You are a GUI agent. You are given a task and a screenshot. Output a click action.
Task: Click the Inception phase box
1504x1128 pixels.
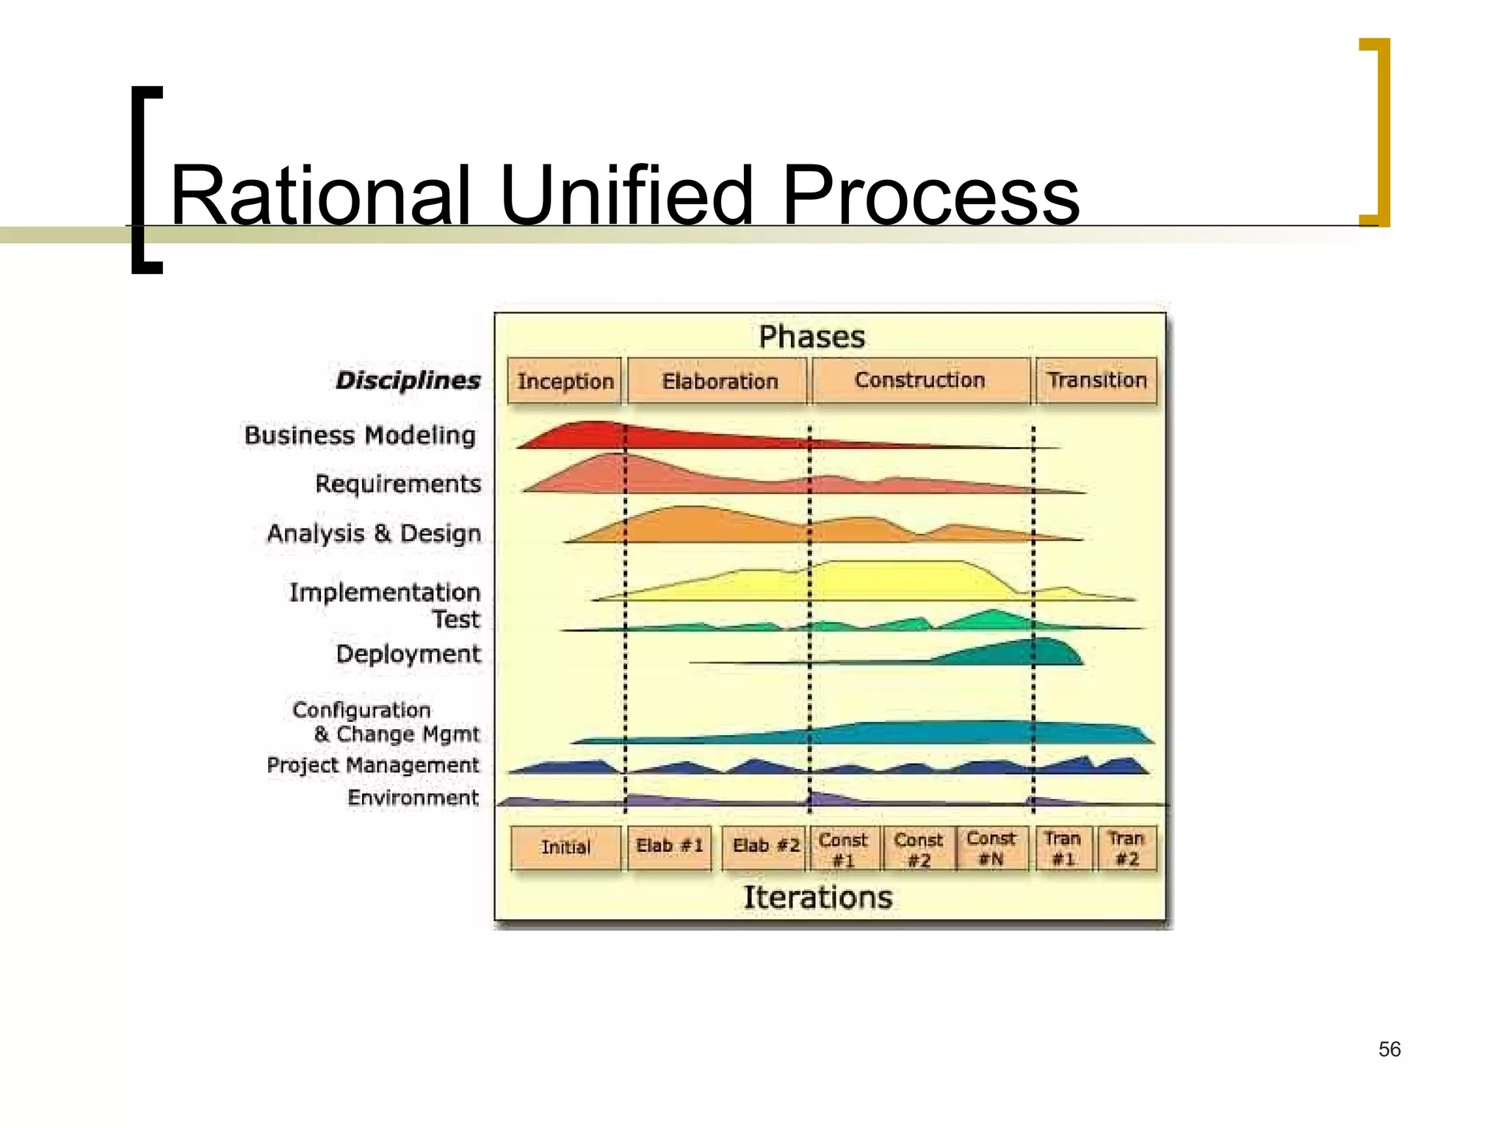tap(565, 380)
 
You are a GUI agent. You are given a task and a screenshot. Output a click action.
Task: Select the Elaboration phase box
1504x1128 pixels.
tap(718, 380)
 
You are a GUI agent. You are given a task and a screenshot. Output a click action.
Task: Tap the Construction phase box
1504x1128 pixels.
tap(919, 380)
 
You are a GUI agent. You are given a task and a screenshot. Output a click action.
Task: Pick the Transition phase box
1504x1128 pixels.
tap(1096, 380)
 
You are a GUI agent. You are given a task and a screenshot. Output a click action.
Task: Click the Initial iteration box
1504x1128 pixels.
tap(565, 847)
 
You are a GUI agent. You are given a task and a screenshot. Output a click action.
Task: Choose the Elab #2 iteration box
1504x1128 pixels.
tap(764, 846)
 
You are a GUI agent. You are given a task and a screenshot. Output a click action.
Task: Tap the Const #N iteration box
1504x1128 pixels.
tap(991, 847)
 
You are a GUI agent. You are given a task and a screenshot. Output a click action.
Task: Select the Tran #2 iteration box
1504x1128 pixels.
tap(1126, 847)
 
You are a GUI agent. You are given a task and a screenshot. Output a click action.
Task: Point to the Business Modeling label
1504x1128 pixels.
tap(360, 435)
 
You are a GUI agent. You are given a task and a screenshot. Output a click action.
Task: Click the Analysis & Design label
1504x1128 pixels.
tap(374, 532)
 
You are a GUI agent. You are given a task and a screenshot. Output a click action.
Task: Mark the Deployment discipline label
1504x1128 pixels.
tap(408, 653)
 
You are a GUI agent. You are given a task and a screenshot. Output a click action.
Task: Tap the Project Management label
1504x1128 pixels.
tap(372, 764)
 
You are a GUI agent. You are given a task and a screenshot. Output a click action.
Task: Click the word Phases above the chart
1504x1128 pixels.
tap(811, 337)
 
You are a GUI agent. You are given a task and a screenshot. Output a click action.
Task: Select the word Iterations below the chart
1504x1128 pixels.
tap(817, 897)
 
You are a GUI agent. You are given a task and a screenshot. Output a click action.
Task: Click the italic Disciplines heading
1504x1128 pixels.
tap(408, 380)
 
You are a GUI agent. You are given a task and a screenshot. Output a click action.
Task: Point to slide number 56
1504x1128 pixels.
tap(1389, 1049)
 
